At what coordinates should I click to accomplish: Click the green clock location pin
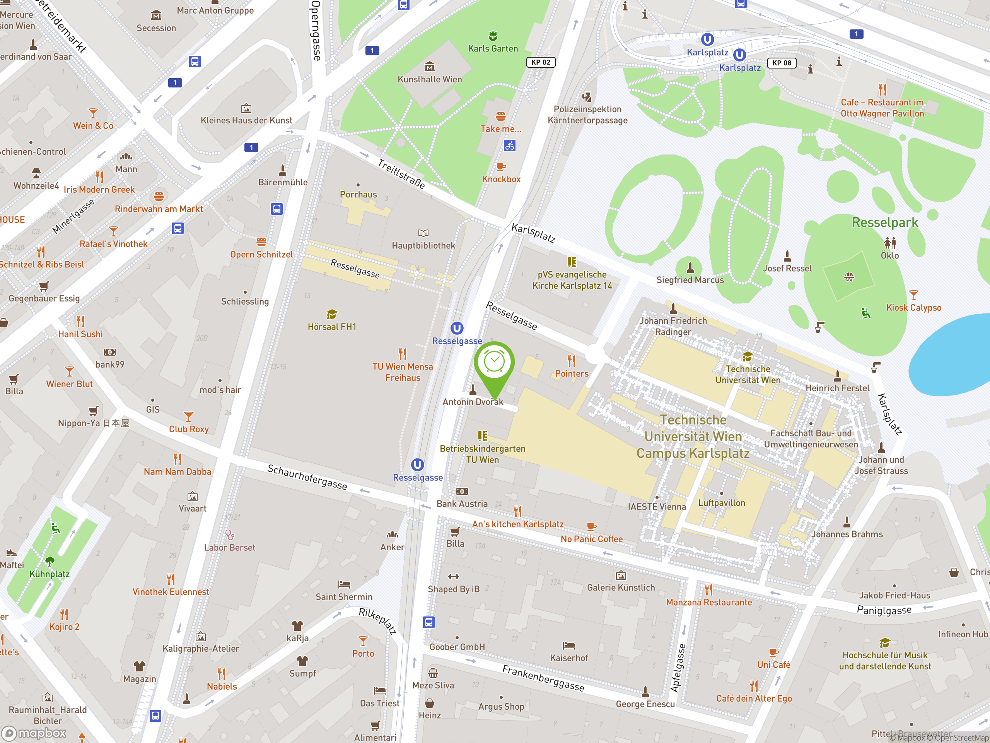(x=494, y=363)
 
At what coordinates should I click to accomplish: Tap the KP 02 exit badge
(x=541, y=62)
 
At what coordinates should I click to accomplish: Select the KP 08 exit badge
(x=782, y=63)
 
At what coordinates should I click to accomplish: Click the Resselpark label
(x=884, y=223)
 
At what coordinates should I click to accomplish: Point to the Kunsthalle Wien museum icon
(x=429, y=67)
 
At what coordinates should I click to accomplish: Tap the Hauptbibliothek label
(x=423, y=245)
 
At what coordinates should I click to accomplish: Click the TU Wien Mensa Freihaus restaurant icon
(x=402, y=354)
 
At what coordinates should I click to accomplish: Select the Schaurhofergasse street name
(x=307, y=477)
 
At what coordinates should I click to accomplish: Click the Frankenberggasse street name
(x=543, y=678)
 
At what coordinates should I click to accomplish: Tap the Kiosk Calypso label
(x=913, y=308)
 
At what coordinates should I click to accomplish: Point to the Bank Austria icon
(x=462, y=491)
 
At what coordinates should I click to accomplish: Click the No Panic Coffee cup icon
(x=591, y=526)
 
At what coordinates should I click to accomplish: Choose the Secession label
(x=156, y=28)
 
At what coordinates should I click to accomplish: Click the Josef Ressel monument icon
(x=787, y=256)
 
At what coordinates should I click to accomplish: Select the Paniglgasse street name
(x=884, y=610)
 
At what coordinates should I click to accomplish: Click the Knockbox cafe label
(x=501, y=179)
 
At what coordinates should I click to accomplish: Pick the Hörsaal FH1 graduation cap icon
(x=332, y=314)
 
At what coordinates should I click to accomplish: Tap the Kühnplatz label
(x=49, y=574)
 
